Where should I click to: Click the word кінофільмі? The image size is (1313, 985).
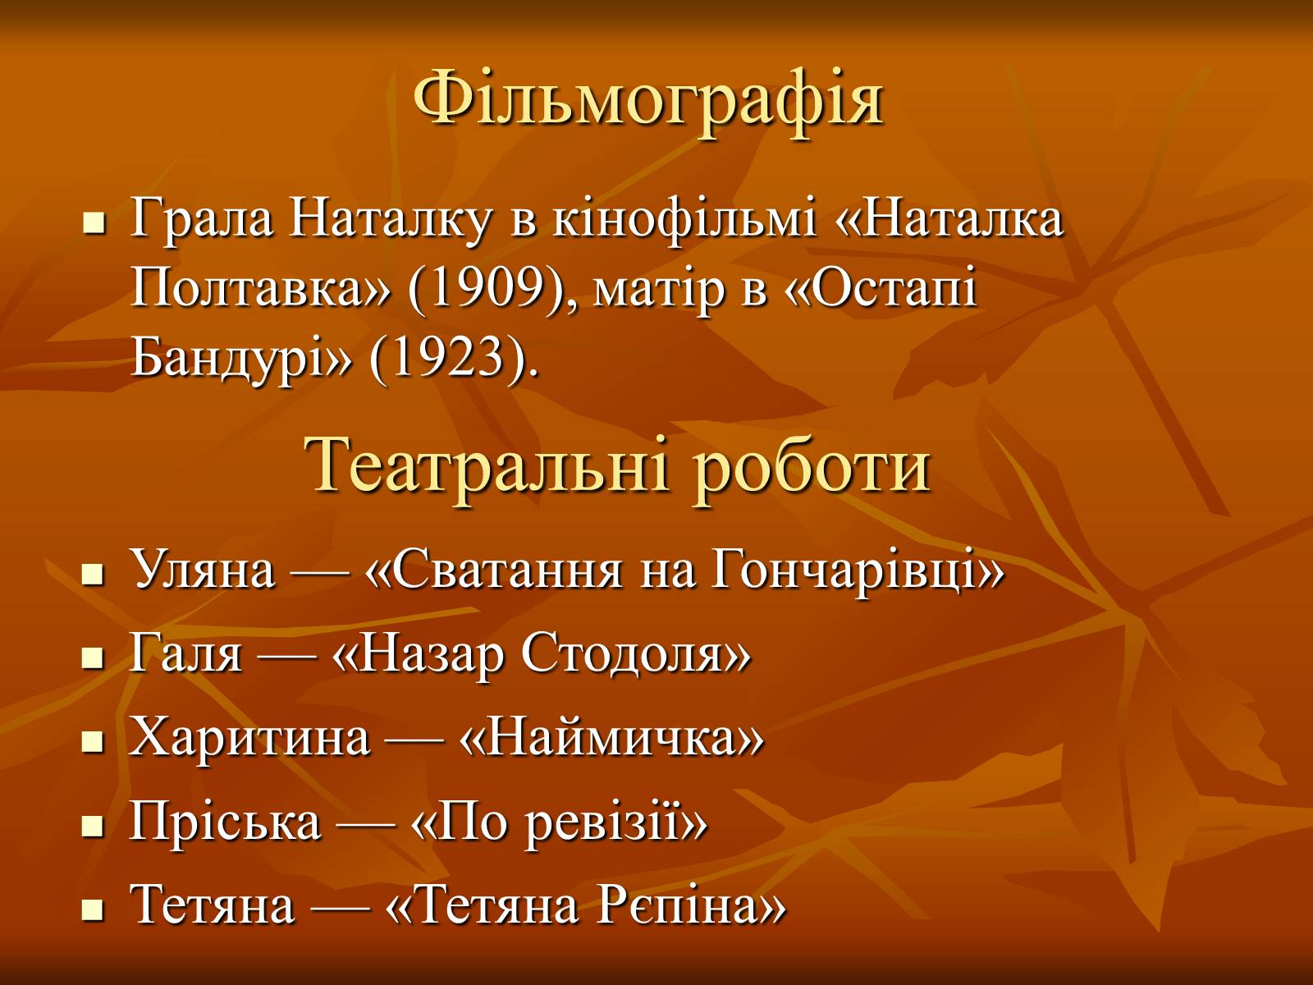(x=684, y=219)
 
